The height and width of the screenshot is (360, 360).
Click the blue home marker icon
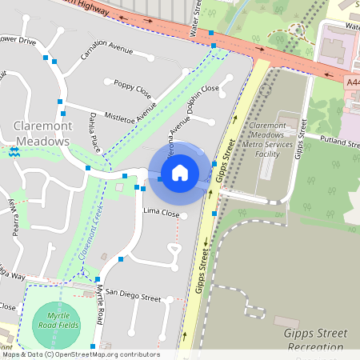180,172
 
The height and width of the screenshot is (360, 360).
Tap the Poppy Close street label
132,86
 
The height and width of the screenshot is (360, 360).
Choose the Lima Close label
161,213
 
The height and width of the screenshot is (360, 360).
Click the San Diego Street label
134,296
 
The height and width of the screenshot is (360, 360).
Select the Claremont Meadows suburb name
42,134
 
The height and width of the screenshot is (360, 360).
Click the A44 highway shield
353,82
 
